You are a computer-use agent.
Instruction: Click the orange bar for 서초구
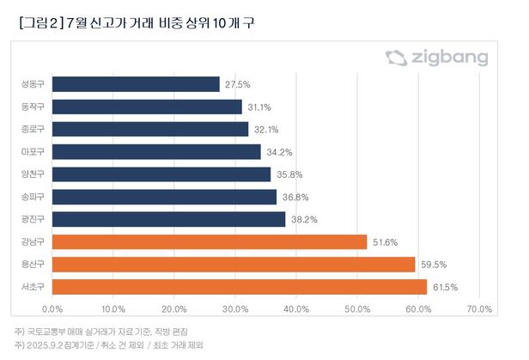(240, 286)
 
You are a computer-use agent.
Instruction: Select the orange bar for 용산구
(234, 264)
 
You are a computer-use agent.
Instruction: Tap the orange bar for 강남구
(210, 241)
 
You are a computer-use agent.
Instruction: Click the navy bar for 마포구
(156, 152)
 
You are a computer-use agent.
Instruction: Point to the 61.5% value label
(443, 286)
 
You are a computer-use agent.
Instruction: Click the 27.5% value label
(237, 84)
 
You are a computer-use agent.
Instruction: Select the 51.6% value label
(384, 241)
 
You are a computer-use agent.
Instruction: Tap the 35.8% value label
(288, 174)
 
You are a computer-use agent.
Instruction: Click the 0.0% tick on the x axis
(52, 309)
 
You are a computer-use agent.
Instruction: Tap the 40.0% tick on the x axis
(295, 309)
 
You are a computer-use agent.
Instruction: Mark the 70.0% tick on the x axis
(478, 309)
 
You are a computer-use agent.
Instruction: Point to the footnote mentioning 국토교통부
(100, 331)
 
